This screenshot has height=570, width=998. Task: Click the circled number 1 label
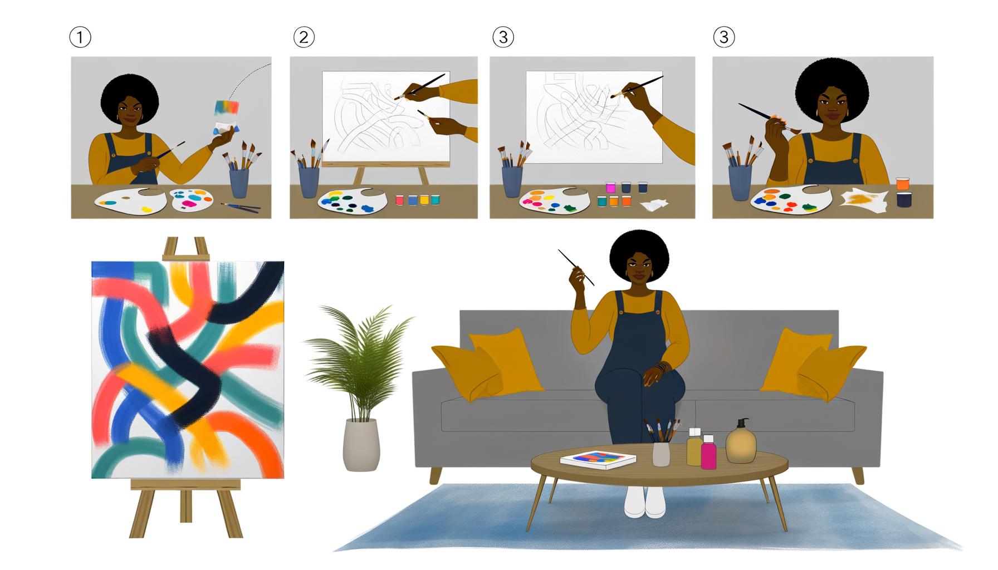80,37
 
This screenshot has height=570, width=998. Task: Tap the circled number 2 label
304,37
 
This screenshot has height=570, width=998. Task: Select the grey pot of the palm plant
361,445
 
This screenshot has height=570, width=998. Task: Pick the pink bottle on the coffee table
708,453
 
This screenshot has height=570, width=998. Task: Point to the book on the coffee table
598,460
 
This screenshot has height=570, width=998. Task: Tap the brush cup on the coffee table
661,453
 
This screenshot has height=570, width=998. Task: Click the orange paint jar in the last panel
903,184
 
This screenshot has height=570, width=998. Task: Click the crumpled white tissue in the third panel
654,205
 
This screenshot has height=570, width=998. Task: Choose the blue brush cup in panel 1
239,183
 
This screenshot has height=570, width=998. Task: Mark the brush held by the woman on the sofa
576,267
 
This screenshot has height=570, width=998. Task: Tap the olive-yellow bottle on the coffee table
694,448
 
